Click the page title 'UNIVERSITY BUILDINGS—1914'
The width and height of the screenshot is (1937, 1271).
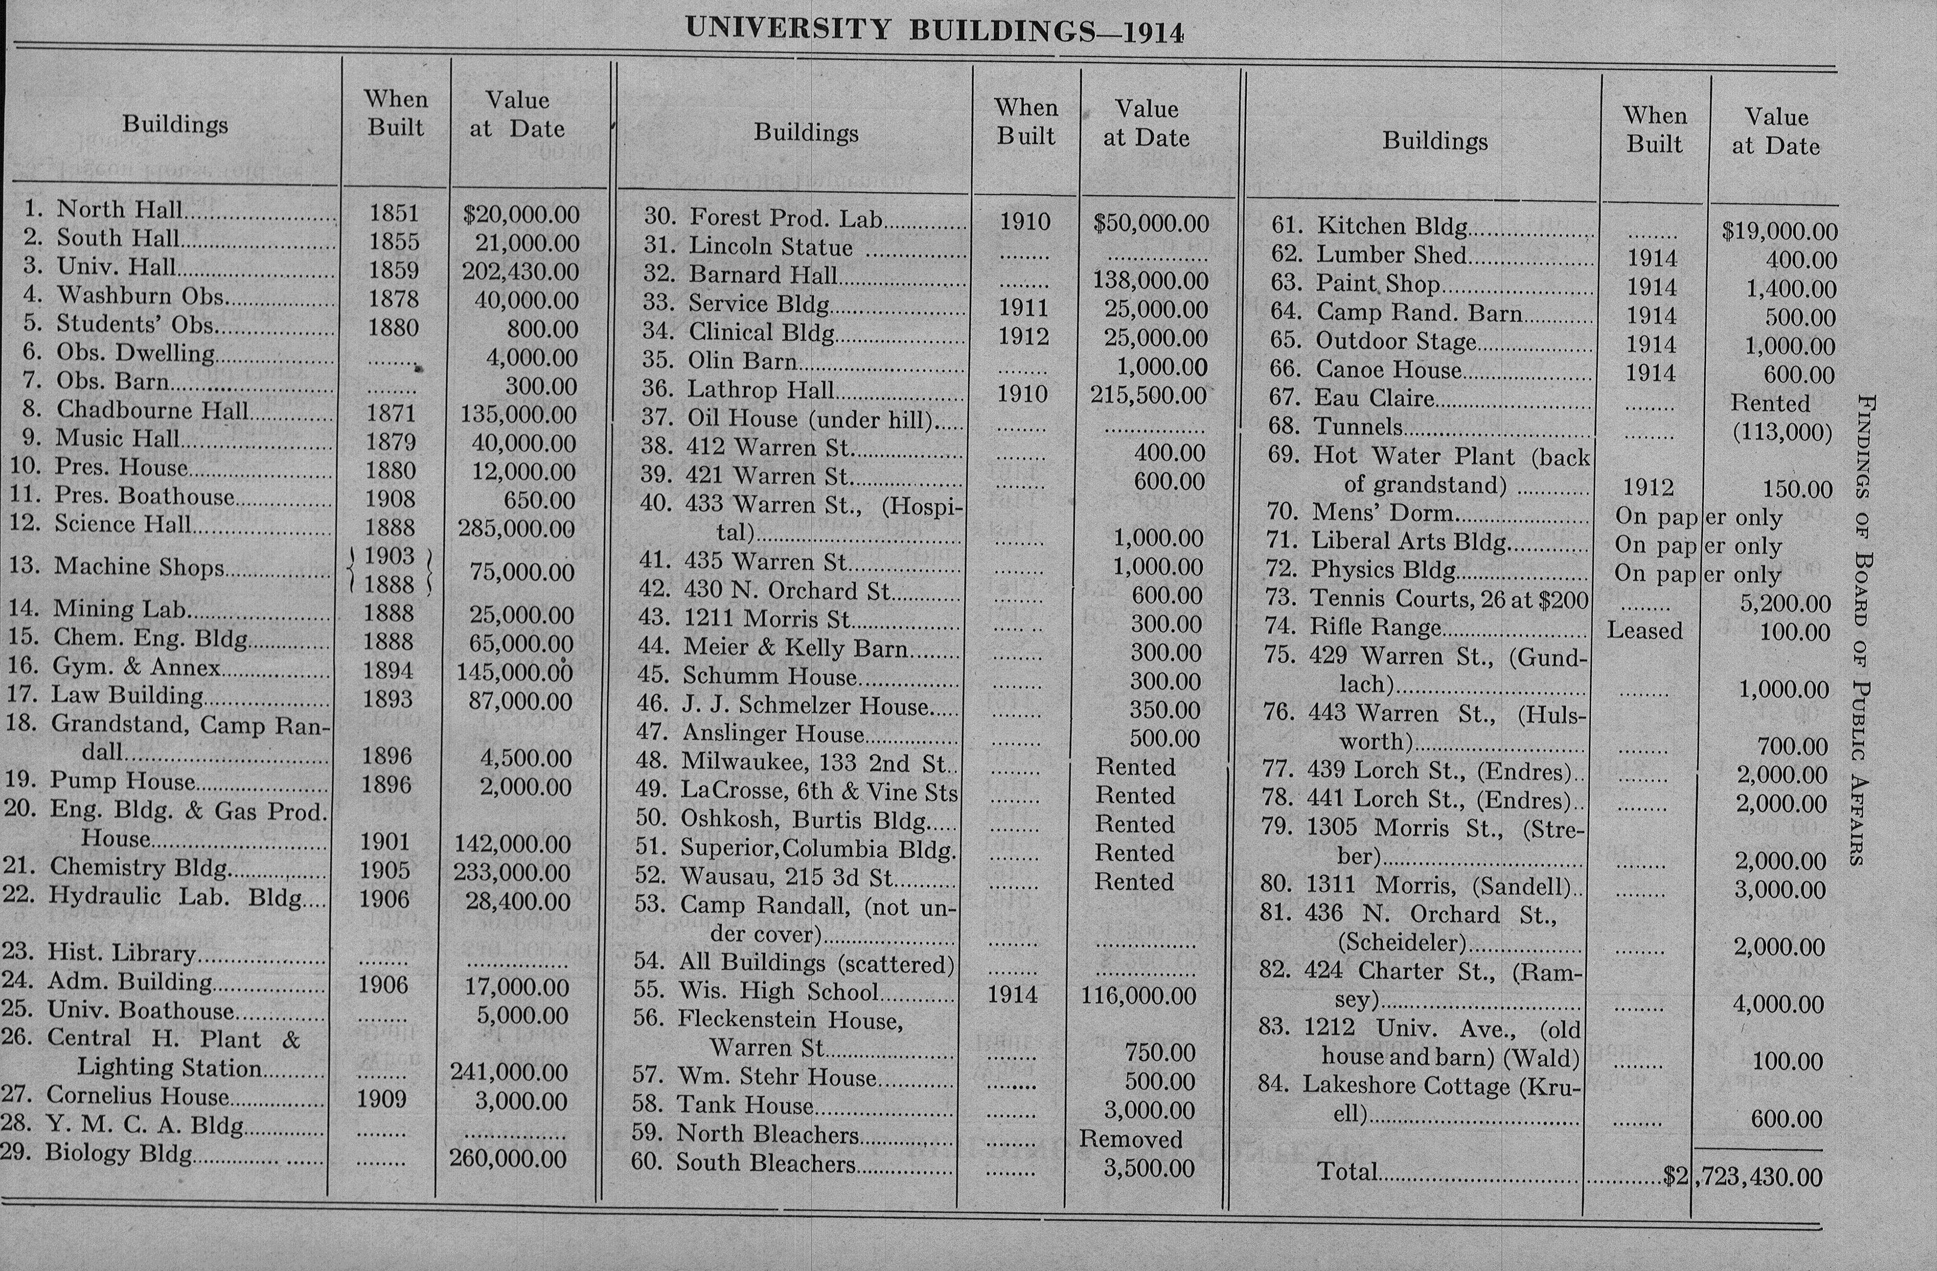[x=934, y=30]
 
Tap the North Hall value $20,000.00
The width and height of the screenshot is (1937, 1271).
[x=521, y=215]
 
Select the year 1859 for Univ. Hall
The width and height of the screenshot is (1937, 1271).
[x=394, y=270]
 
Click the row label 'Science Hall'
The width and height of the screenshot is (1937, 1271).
[x=123, y=524]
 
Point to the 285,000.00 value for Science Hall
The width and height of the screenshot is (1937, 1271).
[x=517, y=529]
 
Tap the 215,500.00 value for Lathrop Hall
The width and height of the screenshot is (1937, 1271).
[x=1148, y=395]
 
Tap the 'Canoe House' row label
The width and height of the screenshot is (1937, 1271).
[x=1388, y=370]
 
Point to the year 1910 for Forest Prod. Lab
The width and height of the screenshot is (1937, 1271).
[x=1025, y=222]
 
